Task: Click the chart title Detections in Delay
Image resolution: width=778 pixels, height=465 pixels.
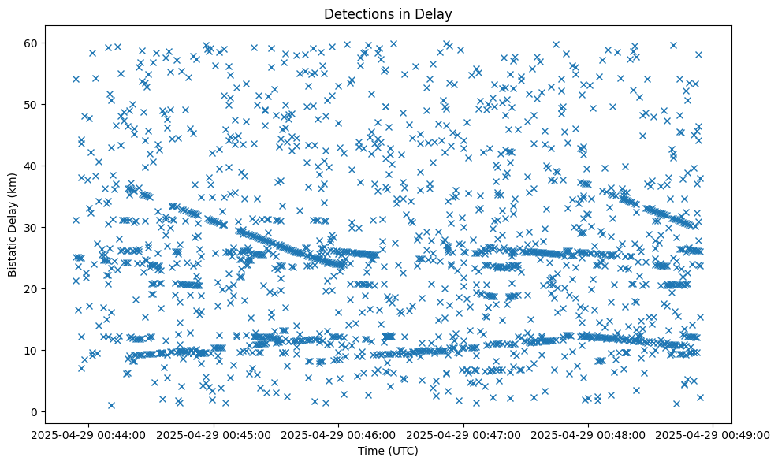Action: (x=388, y=13)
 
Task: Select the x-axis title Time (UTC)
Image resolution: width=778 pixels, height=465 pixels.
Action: (x=388, y=452)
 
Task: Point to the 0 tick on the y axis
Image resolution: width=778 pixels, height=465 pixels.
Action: (x=35, y=412)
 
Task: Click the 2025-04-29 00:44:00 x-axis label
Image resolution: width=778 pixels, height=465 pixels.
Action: (x=88, y=434)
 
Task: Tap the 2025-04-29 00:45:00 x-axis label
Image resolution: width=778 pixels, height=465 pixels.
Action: (x=214, y=434)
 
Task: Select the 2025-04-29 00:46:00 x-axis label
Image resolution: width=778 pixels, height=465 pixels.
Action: (x=339, y=434)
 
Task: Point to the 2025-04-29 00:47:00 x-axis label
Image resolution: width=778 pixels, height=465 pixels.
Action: (x=463, y=434)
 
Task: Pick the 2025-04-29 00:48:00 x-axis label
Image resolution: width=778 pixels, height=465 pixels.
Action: (x=589, y=434)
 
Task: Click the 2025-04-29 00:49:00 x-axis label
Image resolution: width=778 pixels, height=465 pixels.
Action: (x=713, y=434)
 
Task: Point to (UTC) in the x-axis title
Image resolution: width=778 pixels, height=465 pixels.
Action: (x=402, y=452)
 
